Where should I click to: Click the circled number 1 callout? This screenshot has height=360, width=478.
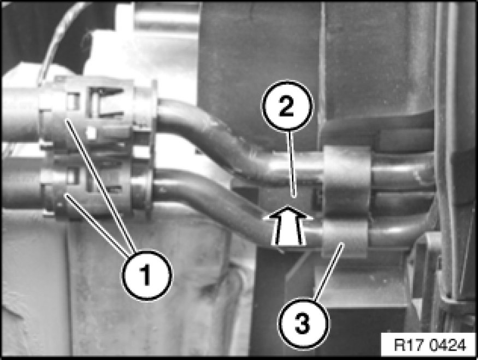147,275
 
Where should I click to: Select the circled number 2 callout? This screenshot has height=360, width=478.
287,106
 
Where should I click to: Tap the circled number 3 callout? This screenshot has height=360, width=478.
303,324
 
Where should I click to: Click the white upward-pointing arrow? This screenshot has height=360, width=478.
288,225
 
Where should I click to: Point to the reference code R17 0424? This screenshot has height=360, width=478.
430,345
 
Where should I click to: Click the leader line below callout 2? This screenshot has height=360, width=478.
291,164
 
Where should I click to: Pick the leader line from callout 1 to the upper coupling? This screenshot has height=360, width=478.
100,186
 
